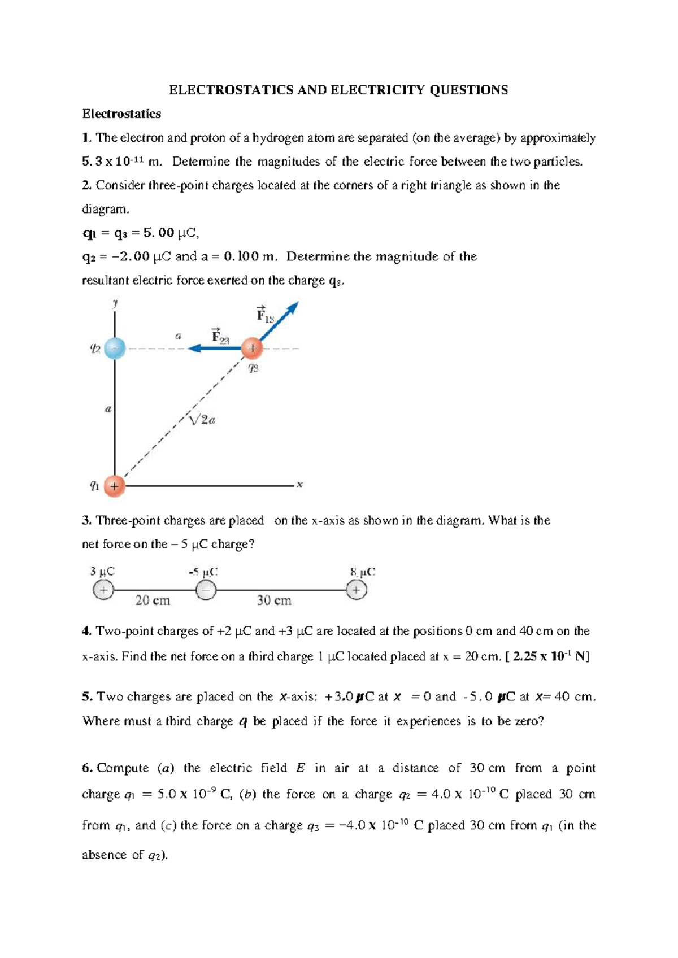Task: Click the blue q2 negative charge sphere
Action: pos(115,349)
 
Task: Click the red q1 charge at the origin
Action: pos(114,485)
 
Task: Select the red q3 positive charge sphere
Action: pos(252,349)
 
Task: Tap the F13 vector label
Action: pos(264,315)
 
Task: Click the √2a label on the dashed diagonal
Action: pos(202,420)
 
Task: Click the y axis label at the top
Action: pos(115,303)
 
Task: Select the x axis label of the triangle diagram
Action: pos(300,485)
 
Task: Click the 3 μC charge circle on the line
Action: pos(103,590)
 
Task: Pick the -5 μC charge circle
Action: pos(206,591)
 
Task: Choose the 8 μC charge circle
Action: pos(357,590)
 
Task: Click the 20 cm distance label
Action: pos(153,600)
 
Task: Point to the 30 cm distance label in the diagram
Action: pos(274,600)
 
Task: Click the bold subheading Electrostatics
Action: pos(121,114)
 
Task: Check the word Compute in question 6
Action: pos(123,768)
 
